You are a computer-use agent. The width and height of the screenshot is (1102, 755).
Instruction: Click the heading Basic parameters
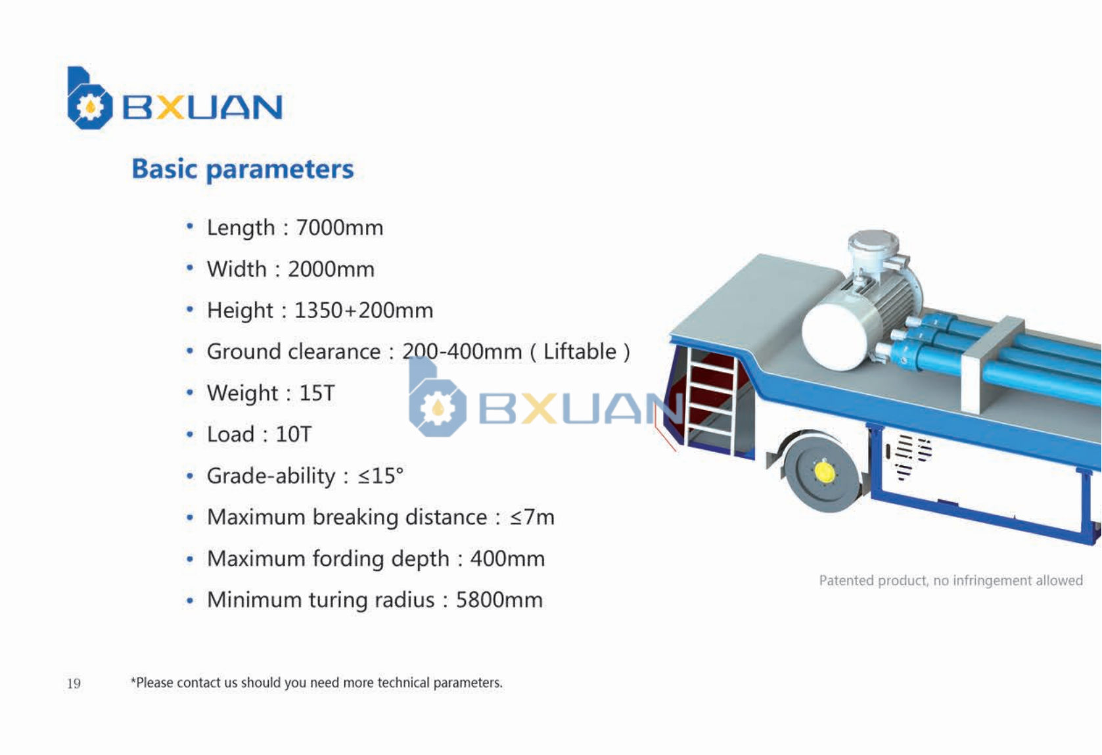[x=242, y=170]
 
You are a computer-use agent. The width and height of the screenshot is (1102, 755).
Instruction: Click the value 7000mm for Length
[x=340, y=228]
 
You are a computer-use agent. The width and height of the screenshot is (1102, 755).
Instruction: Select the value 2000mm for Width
[x=331, y=269]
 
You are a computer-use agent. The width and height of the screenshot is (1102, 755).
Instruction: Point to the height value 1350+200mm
[x=363, y=310]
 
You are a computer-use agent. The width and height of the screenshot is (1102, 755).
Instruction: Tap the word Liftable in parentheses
[x=580, y=352]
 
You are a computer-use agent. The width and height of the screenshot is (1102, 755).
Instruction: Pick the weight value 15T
[x=317, y=393]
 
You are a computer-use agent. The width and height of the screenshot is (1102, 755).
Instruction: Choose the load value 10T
[x=293, y=434]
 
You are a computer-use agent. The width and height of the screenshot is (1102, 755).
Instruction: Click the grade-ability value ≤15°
[x=380, y=476]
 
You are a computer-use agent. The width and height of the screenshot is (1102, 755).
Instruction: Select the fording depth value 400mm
[x=507, y=559]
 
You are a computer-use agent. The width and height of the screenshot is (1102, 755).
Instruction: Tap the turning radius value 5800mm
[x=499, y=600]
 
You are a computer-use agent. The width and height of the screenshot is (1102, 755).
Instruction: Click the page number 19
[x=74, y=683]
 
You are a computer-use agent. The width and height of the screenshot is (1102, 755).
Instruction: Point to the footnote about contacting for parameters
[x=316, y=683]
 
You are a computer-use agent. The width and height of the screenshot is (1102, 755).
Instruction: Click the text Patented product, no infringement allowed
[x=950, y=580]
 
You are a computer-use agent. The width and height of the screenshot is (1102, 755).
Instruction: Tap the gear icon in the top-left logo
[x=90, y=106]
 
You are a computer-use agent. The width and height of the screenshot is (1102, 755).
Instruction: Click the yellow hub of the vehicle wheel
[x=824, y=471]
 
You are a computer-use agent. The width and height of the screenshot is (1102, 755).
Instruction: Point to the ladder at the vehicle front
[x=710, y=400]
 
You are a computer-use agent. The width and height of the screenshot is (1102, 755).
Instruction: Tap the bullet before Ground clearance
[x=190, y=351]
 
